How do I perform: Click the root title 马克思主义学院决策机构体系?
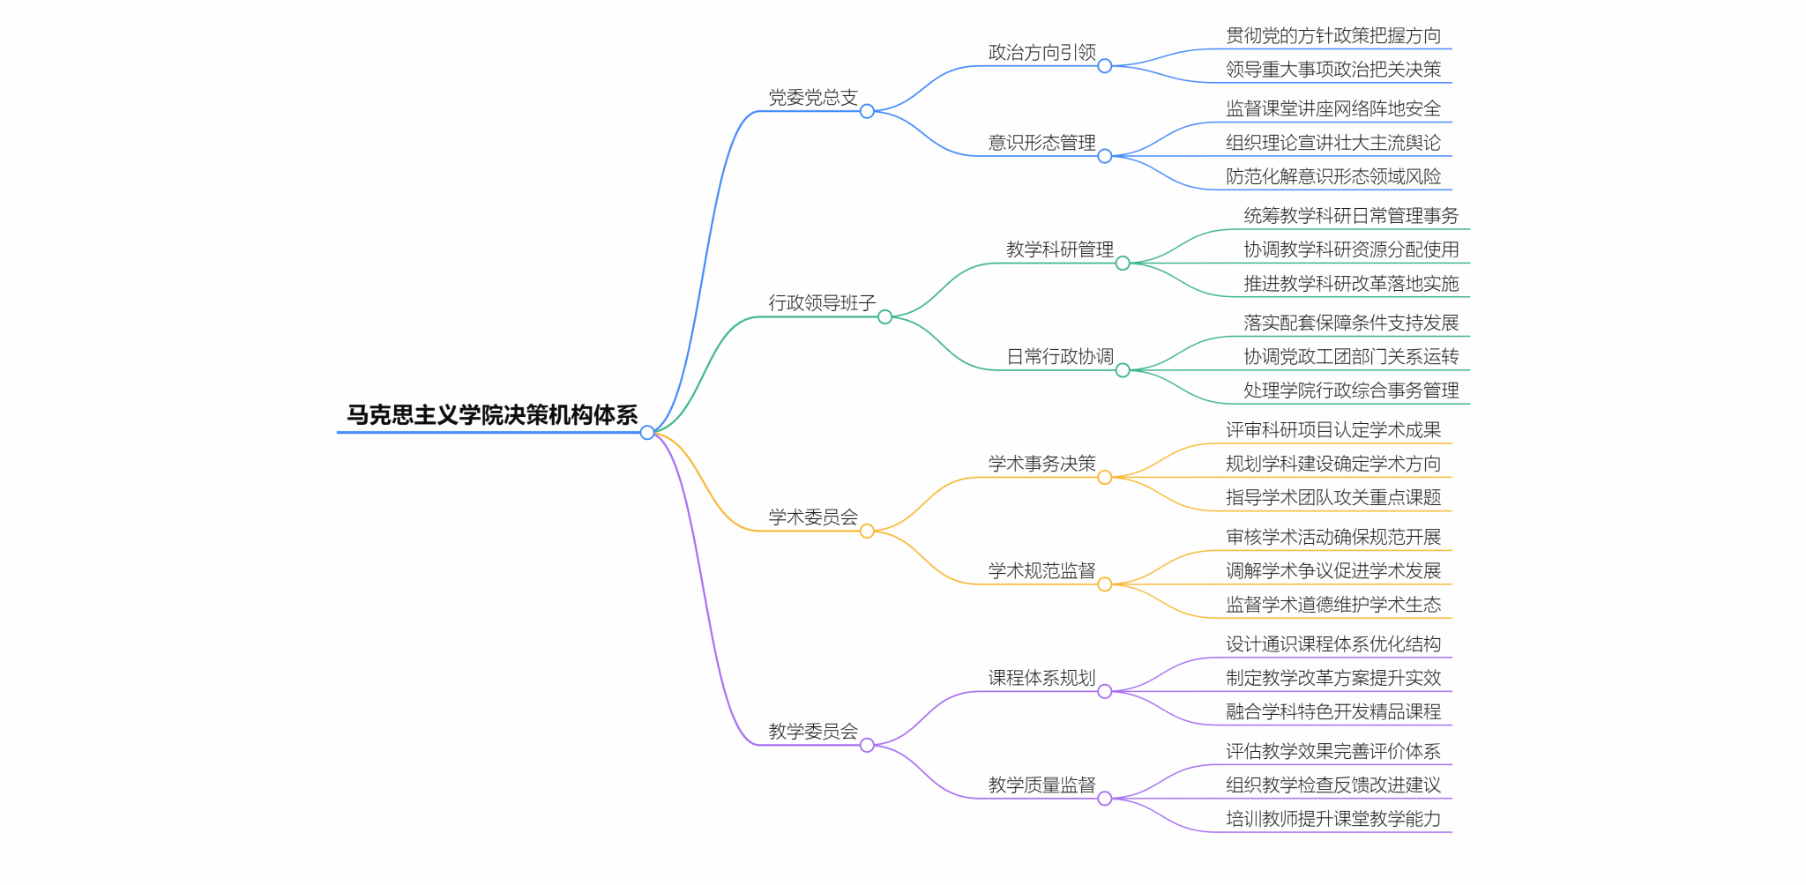492,415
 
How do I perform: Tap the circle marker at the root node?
647,433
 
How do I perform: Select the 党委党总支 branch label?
813,98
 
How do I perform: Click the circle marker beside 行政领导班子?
885,317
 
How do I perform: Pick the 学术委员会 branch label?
813,517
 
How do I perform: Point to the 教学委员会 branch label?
813,732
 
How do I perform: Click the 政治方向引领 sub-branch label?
1042,53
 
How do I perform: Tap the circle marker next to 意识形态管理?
1105,157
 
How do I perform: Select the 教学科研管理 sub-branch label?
1060,249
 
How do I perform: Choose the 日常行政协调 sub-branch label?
1060,357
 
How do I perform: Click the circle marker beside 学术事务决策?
1105,478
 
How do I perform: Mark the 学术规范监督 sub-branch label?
1042,571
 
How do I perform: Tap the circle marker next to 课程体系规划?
1105,692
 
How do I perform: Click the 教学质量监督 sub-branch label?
1042,785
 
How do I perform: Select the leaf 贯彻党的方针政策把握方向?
1333,36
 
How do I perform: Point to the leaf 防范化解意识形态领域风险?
1333,177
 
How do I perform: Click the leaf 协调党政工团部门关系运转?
1351,357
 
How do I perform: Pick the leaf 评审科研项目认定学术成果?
1333,430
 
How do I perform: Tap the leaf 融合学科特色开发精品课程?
1333,712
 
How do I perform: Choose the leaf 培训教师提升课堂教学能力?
1333,819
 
